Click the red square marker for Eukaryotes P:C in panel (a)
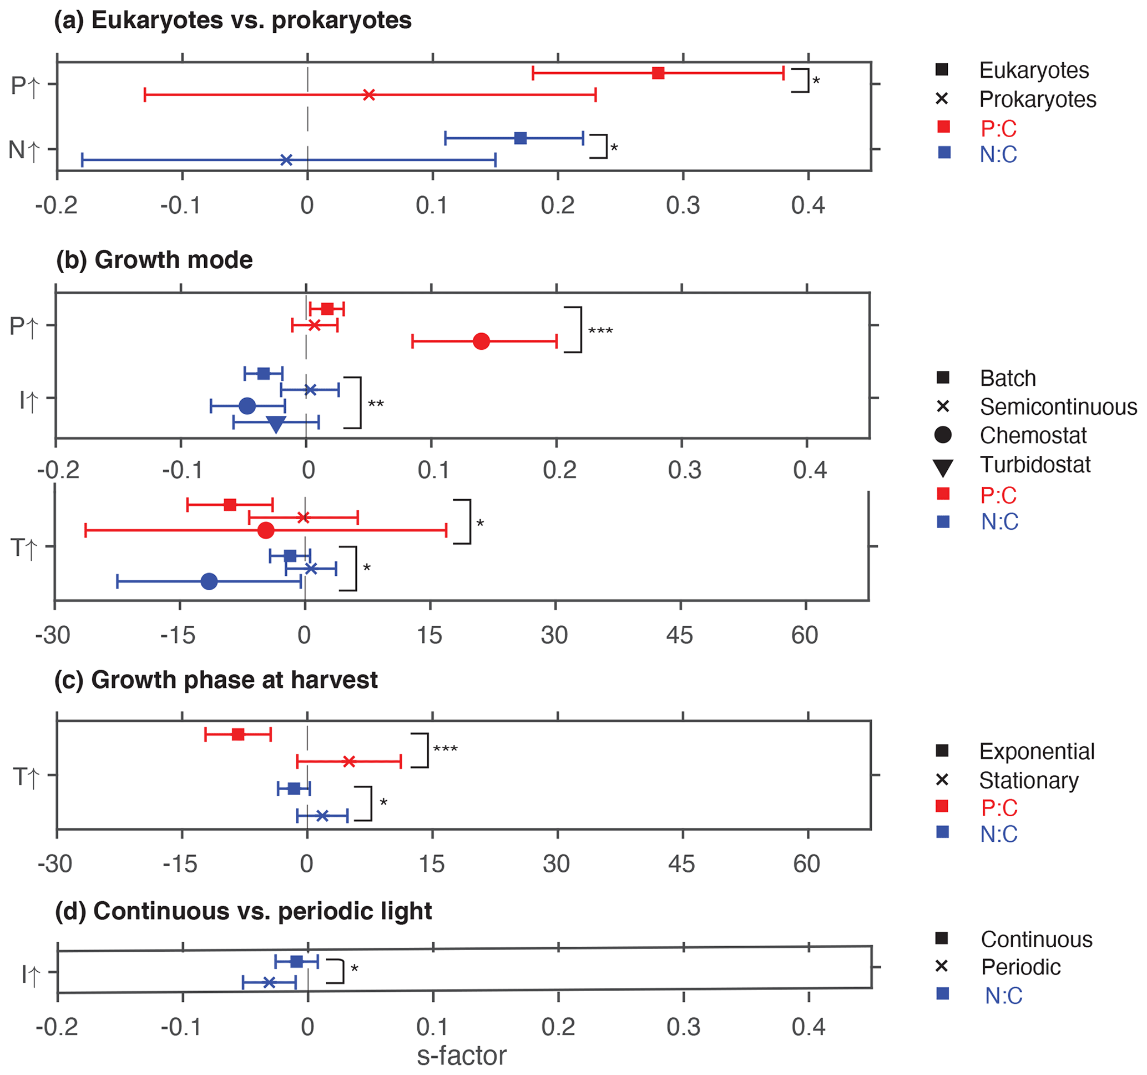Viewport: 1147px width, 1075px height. click(658, 73)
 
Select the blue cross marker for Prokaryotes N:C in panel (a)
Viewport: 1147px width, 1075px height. click(286, 160)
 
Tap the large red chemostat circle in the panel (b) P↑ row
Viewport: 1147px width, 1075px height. click(481, 341)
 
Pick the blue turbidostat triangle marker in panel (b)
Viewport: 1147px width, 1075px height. click(276, 424)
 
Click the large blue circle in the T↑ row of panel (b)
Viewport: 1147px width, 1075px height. click(209, 581)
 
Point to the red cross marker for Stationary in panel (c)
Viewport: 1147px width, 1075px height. click(348, 761)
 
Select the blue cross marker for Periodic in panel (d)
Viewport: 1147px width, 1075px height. click(269, 982)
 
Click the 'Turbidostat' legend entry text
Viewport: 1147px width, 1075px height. click(1035, 465)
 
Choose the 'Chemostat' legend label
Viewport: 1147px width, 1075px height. click(1033, 435)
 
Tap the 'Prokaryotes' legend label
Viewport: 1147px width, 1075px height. click(1037, 99)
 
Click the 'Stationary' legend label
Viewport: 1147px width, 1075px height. click(1029, 781)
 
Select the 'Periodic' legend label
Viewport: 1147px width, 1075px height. click(1020, 967)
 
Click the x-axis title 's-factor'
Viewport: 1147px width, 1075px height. click(462, 1056)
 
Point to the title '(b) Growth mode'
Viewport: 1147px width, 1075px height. click(154, 260)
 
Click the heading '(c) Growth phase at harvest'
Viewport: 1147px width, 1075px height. click(216, 680)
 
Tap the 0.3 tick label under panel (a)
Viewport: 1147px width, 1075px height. click(683, 205)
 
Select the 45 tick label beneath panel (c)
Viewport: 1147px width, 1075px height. click(681, 863)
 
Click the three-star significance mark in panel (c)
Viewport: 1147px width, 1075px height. click(446, 749)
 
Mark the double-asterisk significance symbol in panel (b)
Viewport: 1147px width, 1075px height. click(376, 404)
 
